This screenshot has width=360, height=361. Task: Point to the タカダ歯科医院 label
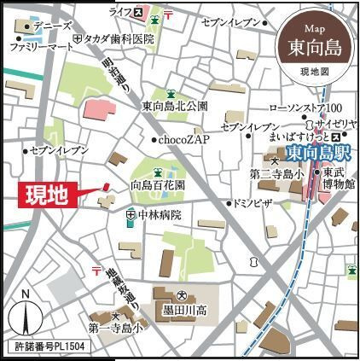(116, 39)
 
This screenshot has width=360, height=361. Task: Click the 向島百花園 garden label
(159, 183)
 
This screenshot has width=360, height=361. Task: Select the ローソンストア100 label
(305, 107)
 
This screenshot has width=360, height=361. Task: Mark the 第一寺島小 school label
(108, 325)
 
